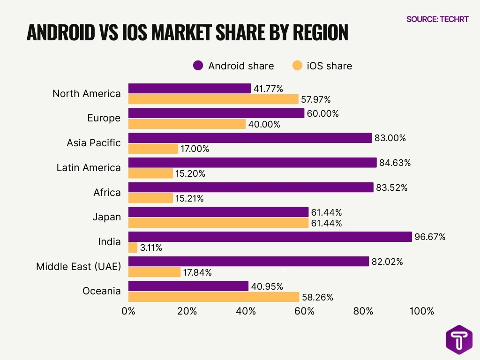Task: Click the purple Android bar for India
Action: [x=270, y=237]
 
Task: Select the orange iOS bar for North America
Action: [x=213, y=99]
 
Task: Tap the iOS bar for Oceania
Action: [x=213, y=297]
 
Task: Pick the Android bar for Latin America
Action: [x=252, y=163]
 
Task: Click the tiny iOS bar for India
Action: [x=133, y=247]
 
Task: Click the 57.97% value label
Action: [x=316, y=100]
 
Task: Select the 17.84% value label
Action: [x=198, y=272]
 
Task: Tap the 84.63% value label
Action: [x=395, y=163]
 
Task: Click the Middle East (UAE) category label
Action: [x=78, y=267]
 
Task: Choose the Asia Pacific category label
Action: [x=93, y=143]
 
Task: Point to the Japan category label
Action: [x=106, y=217]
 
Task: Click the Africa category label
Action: [x=107, y=192]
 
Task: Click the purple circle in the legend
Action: [x=198, y=66]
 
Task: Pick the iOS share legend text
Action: [x=329, y=66]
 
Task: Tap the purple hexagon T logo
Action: [x=459, y=339]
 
